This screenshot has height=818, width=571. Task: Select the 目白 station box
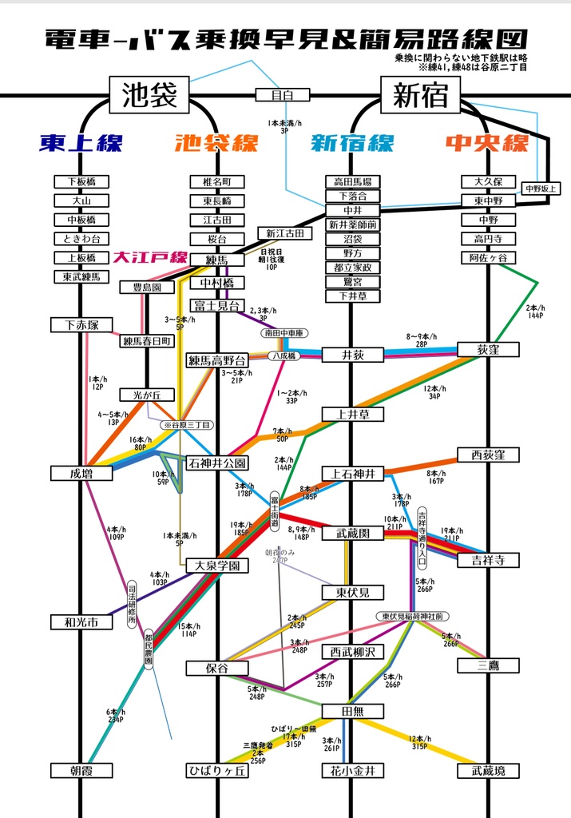[x=277, y=95]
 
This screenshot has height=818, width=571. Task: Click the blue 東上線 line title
[x=81, y=143]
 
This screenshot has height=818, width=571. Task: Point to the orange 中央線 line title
[x=487, y=143]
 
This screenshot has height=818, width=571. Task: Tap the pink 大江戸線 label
[x=149, y=257]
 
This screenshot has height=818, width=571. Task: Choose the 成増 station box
[x=81, y=474]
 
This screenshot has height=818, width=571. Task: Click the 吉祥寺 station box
[x=488, y=560]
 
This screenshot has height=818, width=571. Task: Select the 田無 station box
[x=352, y=711]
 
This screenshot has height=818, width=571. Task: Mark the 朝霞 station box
[x=81, y=771]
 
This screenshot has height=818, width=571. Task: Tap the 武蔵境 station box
[x=488, y=771]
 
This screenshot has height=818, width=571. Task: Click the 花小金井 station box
[x=352, y=771]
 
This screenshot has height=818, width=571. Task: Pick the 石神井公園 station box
[x=217, y=463]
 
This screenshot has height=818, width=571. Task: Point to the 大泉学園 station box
[x=217, y=566]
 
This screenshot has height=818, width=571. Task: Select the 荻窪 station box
[x=488, y=349]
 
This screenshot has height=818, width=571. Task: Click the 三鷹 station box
[x=488, y=665]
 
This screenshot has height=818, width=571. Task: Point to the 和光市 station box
[x=81, y=621]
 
